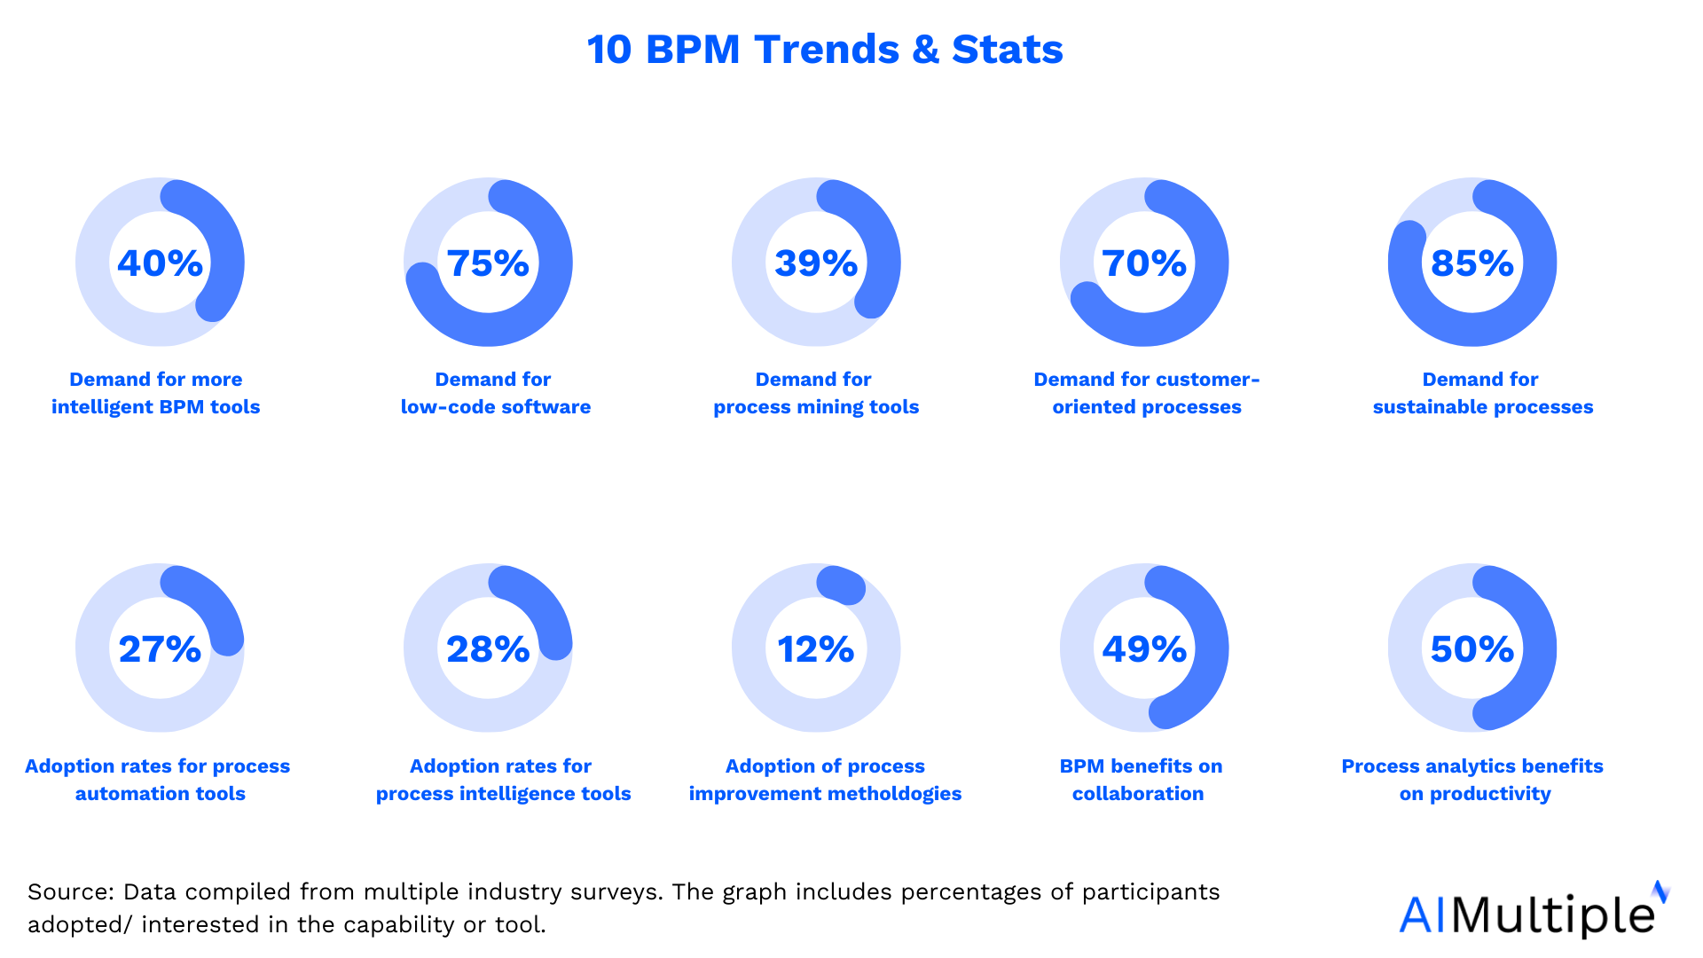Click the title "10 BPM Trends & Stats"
pos(825,49)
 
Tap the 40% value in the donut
pos(160,263)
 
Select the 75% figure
pos(488,263)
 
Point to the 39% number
pos(816,263)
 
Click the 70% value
pos(1144,263)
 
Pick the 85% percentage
pos(1472,263)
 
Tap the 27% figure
pos(160,649)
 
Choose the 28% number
pos(488,649)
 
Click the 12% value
pos(816,649)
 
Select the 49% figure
pos(1144,649)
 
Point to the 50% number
pos(1472,649)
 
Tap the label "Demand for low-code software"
pos(495,393)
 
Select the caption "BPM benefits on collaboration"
pos(1141,780)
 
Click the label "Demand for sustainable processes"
pos(1483,393)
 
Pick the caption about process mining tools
pos(816,393)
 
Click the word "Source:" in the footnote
pos(71,891)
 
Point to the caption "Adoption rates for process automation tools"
pos(158,780)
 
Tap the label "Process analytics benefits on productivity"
pos(1472,780)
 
